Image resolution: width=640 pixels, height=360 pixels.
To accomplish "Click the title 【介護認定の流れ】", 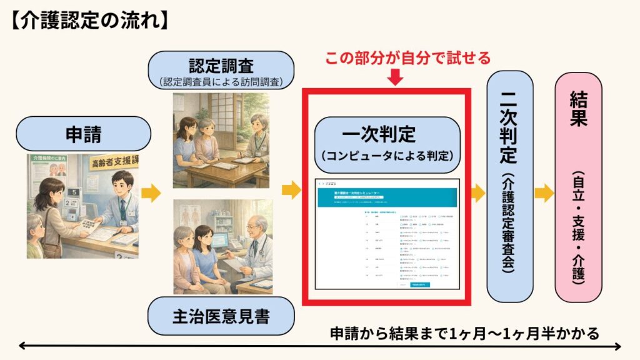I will coord(88,20).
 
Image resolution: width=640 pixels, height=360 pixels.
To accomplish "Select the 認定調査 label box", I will coord(221,69).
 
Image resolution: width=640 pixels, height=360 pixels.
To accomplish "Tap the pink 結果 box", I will coord(579,187).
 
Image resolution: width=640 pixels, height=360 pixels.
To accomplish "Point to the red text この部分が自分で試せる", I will coord(407,58).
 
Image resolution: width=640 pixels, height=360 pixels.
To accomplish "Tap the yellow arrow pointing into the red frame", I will coord(291,189).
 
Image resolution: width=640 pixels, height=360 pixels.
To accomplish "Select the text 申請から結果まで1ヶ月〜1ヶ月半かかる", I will coord(464,333).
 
